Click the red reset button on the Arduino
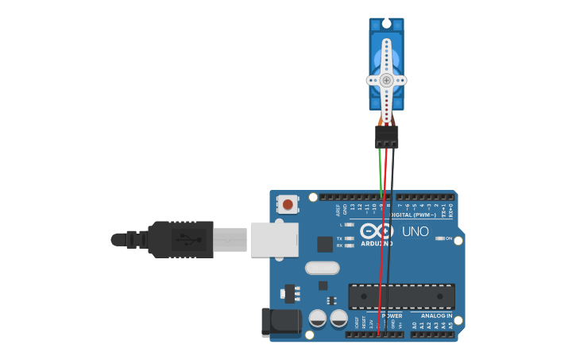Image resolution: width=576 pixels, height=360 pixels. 288,204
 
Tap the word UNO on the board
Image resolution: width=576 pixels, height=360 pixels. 415,232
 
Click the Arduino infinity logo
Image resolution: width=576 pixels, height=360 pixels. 377,231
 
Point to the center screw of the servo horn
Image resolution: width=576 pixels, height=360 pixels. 386,80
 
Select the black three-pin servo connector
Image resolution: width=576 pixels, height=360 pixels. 387,137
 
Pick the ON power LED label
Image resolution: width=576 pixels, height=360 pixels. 449,238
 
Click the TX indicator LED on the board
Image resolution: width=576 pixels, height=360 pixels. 349,238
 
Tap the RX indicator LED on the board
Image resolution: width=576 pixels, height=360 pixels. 349,246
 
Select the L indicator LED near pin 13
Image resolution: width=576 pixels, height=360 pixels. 349,225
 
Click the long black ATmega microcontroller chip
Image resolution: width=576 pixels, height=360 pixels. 402,296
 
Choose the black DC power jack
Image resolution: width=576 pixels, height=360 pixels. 281,322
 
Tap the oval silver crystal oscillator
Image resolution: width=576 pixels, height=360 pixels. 322,268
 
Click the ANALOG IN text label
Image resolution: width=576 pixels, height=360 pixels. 436,315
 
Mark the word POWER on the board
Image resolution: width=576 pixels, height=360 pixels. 392,315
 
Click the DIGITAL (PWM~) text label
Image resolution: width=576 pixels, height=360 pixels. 408,215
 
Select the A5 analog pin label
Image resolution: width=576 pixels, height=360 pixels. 451,324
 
